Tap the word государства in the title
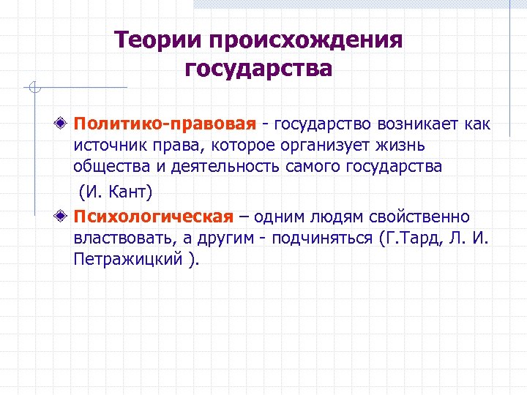(x=258, y=69)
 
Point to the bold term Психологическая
(x=153, y=217)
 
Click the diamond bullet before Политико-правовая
(x=65, y=122)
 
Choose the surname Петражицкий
(x=125, y=260)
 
